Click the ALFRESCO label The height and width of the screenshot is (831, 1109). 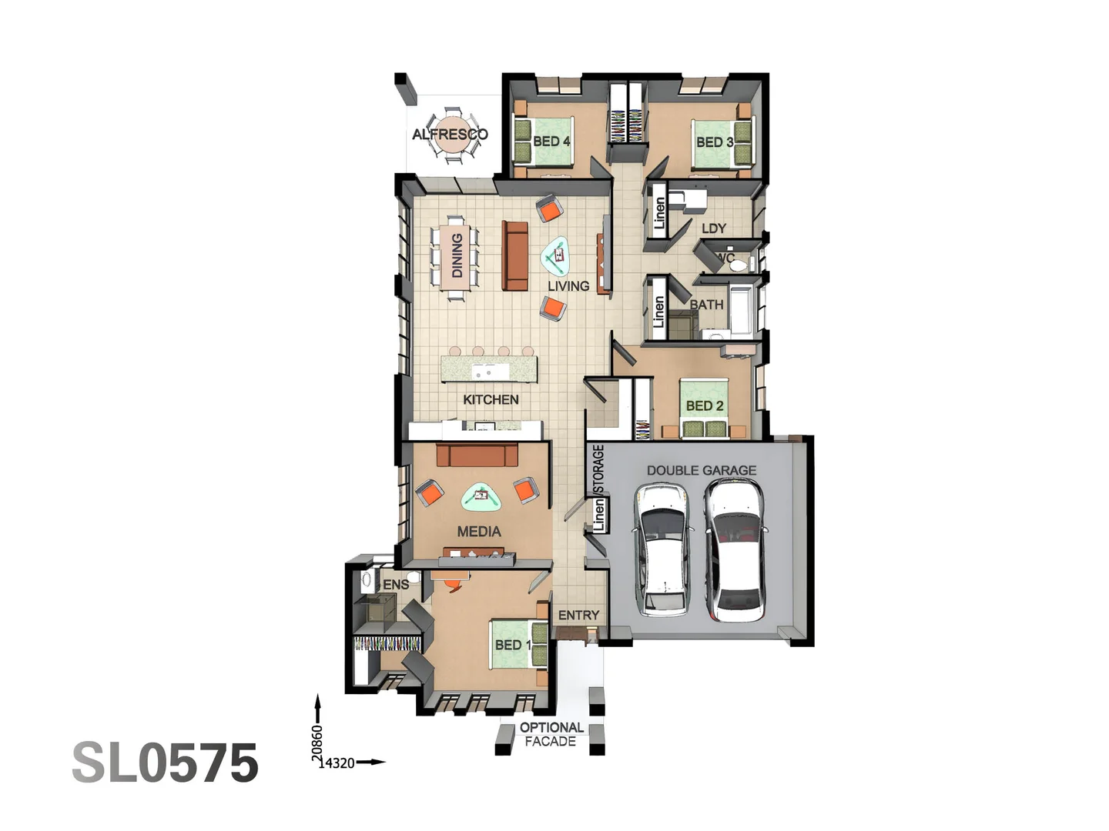tap(450, 135)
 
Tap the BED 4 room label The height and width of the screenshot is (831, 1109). tap(551, 142)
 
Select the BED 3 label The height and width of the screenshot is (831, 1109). tap(714, 142)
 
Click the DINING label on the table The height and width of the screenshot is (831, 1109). tap(457, 255)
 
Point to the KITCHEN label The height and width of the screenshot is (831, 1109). tap(491, 399)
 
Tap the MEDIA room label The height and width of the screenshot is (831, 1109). tap(479, 532)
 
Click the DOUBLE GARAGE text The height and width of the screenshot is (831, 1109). tap(701, 470)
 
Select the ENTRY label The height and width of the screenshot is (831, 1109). tap(578, 616)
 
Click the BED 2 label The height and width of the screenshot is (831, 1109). tap(705, 405)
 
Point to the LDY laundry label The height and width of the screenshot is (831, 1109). tap(714, 229)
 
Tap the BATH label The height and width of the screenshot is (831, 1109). tap(706, 305)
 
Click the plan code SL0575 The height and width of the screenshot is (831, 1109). tap(165, 763)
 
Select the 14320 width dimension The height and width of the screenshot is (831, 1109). tap(337, 763)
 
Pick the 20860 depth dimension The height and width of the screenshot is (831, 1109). tap(317, 743)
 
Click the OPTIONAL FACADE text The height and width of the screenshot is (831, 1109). tap(551, 734)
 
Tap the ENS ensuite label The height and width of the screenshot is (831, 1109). tap(396, 585)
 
